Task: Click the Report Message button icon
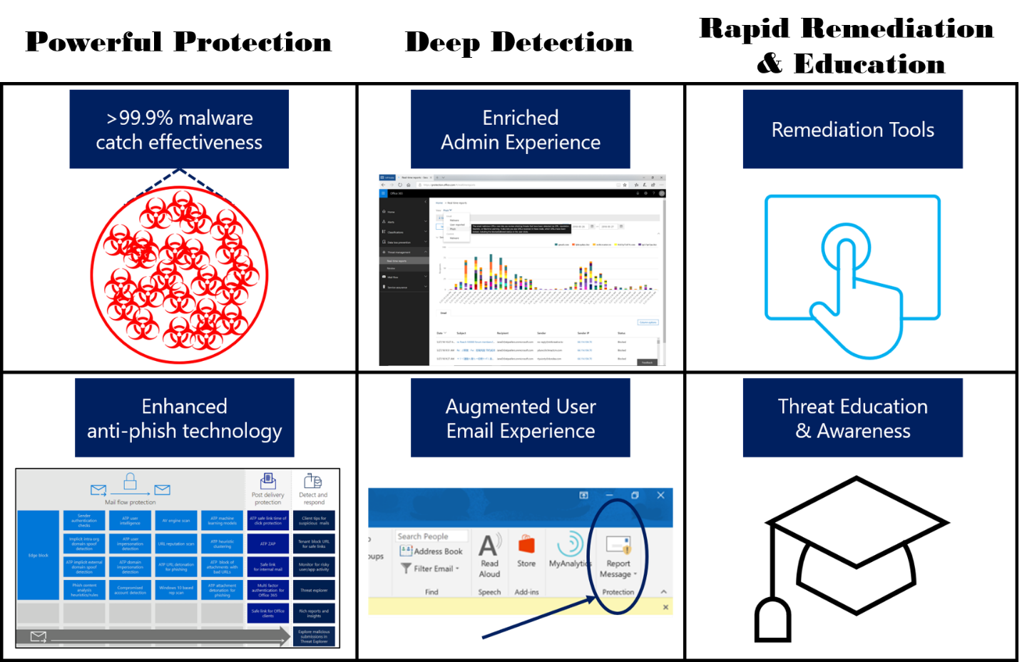coord(618,545)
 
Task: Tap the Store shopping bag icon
coord(526,545)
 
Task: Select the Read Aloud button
coord(489,557)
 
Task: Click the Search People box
coord(431,536)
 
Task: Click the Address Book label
coord(438,551)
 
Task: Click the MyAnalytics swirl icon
coord(570,544)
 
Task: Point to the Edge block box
coord(39,555)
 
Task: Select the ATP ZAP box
coord(268,544)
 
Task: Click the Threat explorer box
coord(314,590)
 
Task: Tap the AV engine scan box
coord(176,521)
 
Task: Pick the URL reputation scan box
coord(176,544)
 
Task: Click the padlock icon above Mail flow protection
coord(130,482)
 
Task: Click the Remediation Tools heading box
coord(852,130)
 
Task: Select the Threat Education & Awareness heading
coord(852,418)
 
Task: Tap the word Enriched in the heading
coord(520,118)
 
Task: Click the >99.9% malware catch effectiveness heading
coord(179,130)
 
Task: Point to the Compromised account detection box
coord(130,590)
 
